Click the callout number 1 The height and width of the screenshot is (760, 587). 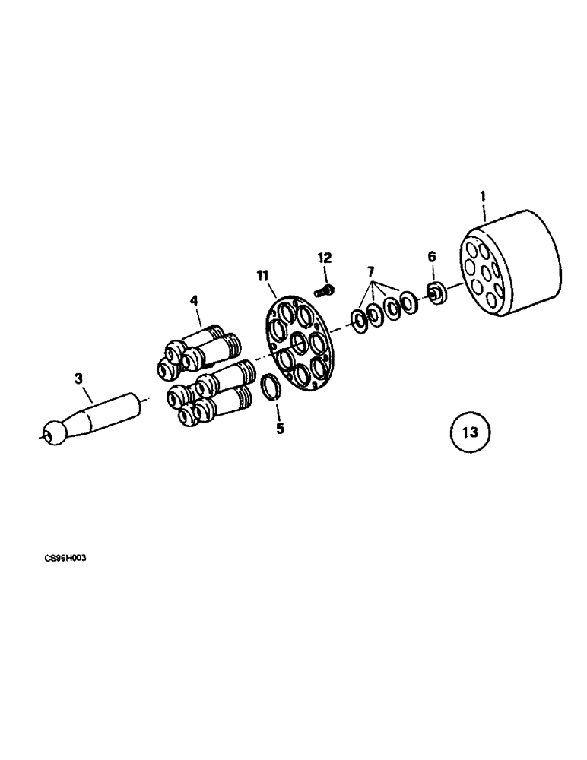pos(482,197)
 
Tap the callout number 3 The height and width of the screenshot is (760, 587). pos(78,378)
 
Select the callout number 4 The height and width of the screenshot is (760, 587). pos(195,301)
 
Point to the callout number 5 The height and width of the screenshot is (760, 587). pos(280,429)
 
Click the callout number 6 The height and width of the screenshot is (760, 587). pos(432,257)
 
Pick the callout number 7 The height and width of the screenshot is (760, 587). pos(370,271)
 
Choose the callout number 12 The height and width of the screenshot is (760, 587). pos(325,258)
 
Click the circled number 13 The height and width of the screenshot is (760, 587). pos(470,433)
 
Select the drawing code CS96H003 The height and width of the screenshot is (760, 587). pos(65,558)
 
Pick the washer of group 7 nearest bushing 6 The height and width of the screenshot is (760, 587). pos(408,302)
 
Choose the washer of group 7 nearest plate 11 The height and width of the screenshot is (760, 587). pos(357,318)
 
